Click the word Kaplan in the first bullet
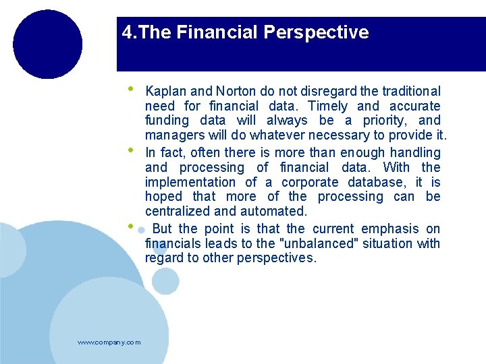[165, 92]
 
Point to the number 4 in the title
[127, 32]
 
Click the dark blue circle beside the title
[47, 44]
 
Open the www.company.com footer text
[109, 342]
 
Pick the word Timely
[328, 107]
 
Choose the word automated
[276, 212]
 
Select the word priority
[383, 121]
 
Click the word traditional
[411, 92]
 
